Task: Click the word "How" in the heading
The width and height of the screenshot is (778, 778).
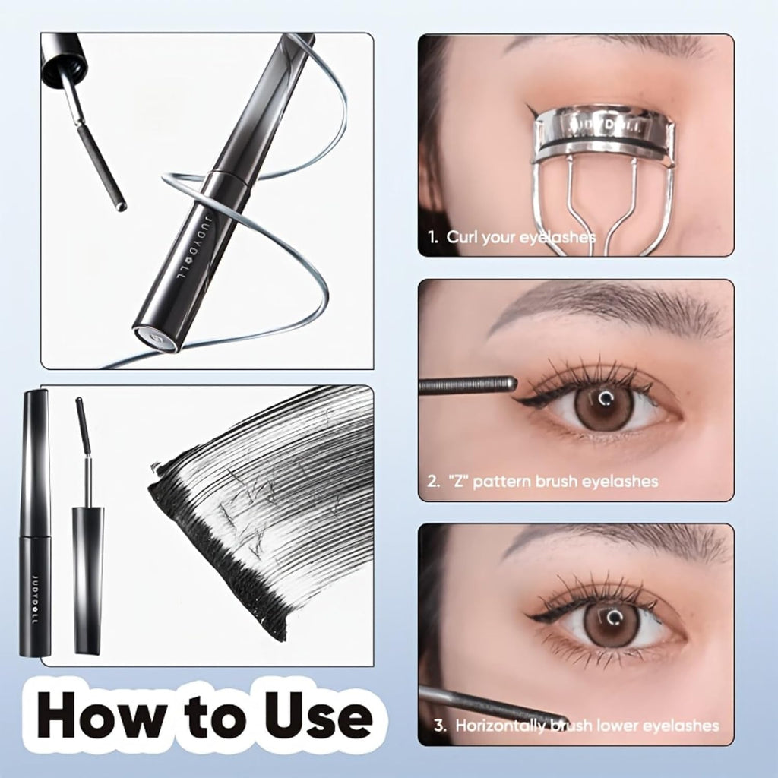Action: click(x=99, y=713)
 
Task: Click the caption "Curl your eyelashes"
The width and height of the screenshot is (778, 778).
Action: click(x=520, y=237)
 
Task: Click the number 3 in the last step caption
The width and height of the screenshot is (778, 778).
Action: click(x=440, y=725)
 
